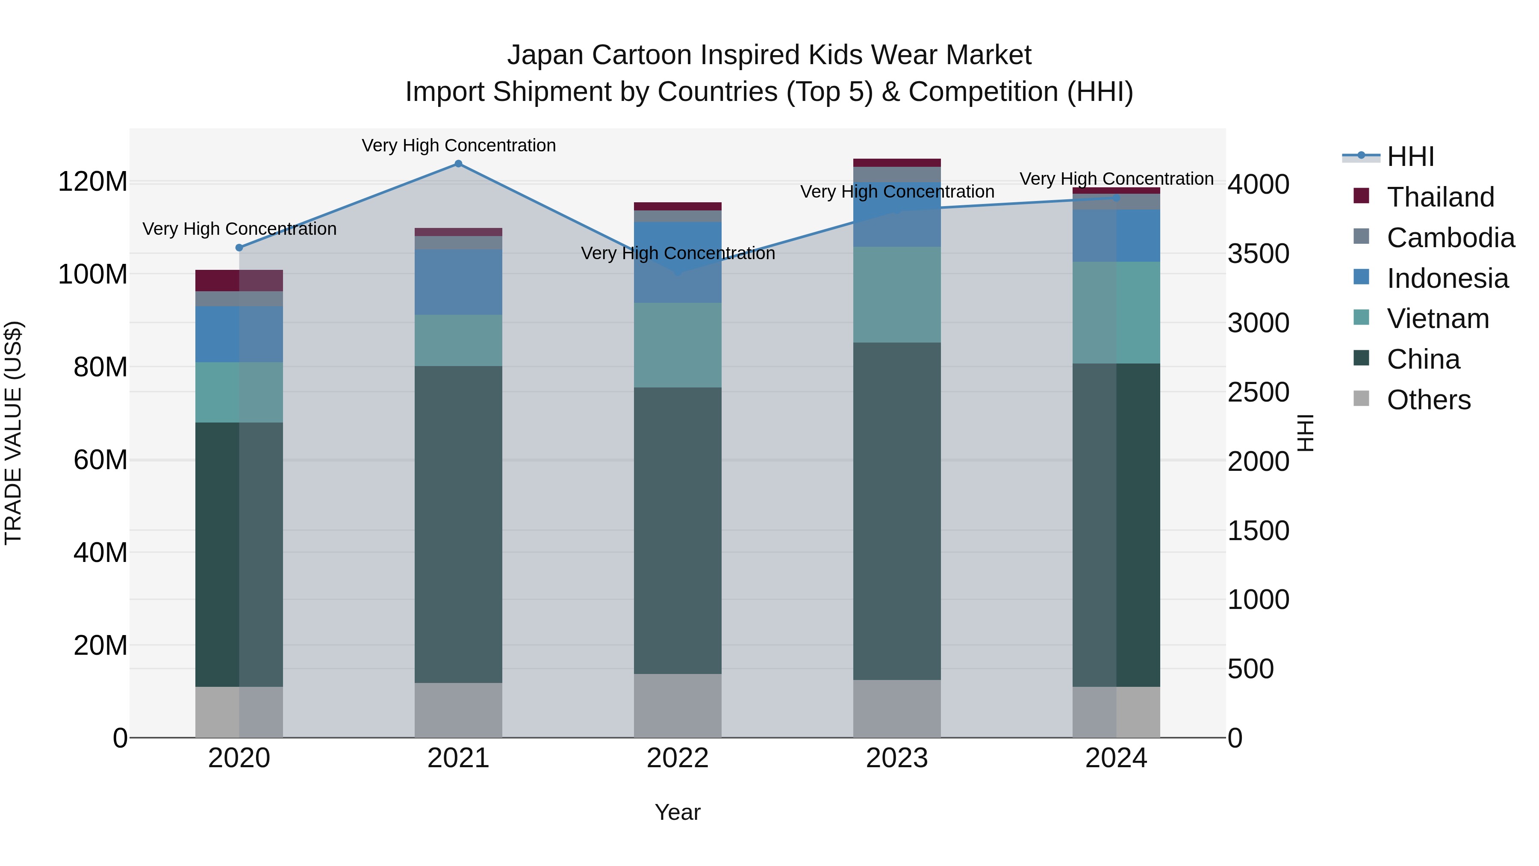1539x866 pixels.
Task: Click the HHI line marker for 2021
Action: [458, 164]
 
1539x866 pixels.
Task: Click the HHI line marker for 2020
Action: [239, 248]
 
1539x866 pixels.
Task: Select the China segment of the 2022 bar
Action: [678, 530]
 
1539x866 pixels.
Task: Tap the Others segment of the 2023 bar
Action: [897, 708]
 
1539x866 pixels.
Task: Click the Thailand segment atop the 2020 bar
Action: [239, 280]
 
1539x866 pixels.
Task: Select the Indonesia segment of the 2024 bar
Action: [1116, 236]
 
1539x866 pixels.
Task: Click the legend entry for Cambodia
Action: [1450, 238]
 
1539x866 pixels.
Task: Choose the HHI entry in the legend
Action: [1410, 157]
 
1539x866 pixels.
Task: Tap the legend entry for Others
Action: [1428, 400]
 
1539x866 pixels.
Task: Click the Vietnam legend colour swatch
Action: [1361, 317]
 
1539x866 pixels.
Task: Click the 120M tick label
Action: [93, 181]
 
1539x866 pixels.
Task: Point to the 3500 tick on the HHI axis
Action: [1258, 254]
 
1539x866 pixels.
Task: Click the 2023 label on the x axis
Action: [897, 758]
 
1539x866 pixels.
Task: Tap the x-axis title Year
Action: [678, 812]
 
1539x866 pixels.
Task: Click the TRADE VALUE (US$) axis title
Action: [14, 433]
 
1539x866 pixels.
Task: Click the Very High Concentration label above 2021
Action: [458, 145]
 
